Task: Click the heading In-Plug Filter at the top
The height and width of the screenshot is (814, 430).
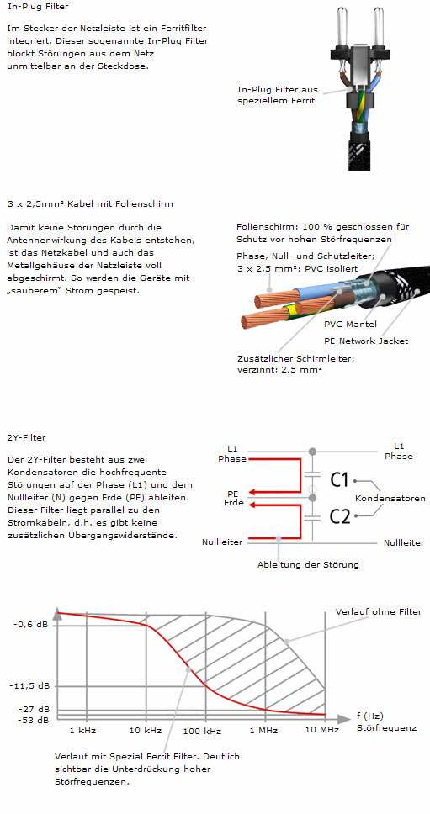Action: [38, 8]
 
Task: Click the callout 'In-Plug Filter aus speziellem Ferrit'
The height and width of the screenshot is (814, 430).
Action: [278, 95]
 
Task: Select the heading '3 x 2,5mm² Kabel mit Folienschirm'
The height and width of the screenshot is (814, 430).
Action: [90, 204]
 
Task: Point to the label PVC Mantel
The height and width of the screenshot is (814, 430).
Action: [350, 325]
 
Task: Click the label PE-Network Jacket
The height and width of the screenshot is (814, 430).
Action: [365, 341]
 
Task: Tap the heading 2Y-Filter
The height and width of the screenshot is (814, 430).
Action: [26, 437]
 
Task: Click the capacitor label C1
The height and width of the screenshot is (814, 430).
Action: [339, 479]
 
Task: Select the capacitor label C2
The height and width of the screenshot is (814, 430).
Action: [340, 516]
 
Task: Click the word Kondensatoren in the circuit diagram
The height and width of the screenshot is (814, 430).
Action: [390, 499]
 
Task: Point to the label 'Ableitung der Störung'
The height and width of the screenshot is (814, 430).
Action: [308, 564]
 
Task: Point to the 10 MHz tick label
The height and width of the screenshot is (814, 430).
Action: [322, 729]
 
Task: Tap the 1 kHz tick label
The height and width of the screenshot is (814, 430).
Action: [83, 729]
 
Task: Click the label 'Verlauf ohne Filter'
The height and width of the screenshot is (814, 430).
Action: [379, 611]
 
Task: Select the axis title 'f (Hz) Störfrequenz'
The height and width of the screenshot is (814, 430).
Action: [386, 721]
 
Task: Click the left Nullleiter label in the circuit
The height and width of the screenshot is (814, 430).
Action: [222, 542]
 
